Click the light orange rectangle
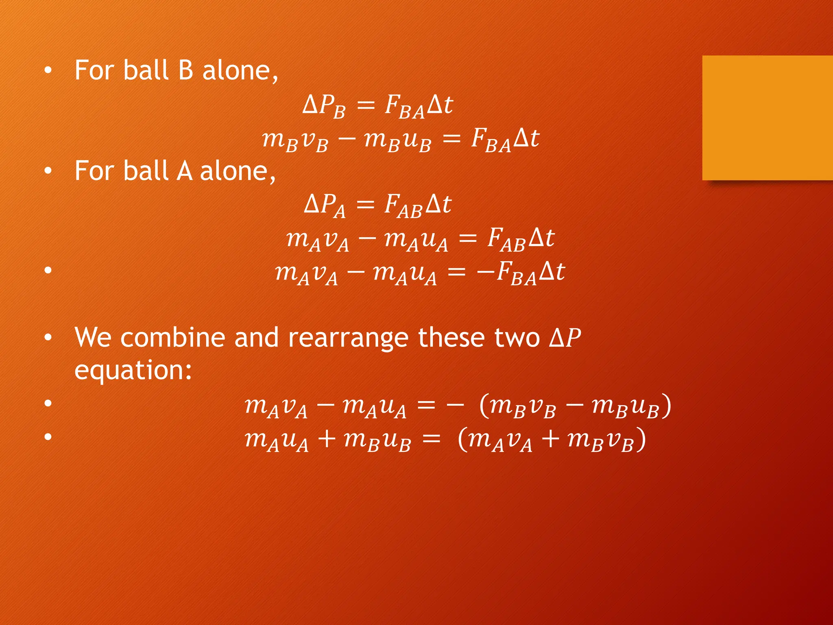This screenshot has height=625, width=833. pyautogui.click(x=767, y=118)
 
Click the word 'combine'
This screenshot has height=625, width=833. pyautogui.click(x=172, y=338)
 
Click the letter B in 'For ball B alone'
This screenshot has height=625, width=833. pyautogui.click(x=185, y=70)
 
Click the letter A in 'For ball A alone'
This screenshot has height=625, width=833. pyautogui.click(x=184, y=171)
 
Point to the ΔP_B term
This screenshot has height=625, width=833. pyautogui.click(x=324, y=106)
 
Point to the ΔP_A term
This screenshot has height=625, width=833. pyautogui.click(x=324, y=205)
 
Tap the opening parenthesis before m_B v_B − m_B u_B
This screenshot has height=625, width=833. pyautogui.click(x=484, y=406)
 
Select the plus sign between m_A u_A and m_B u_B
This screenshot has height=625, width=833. pyautogui.click(x=326, y=440)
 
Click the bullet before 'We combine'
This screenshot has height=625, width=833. pyautogui.click(x=48, y=338)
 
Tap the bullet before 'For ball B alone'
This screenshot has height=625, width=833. pyautogui.click(x=48, y=71)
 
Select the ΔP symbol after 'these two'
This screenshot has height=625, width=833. pyautogui.click(x=565, y=338)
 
